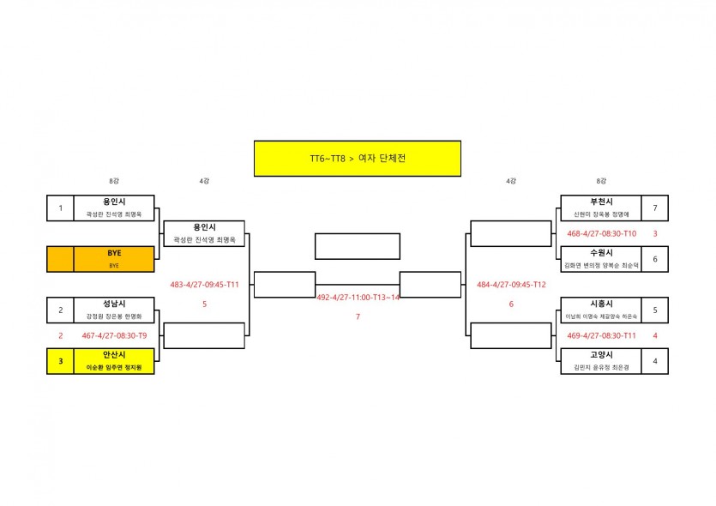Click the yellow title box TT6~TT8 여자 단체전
pyautogui.click(x=357, y=159)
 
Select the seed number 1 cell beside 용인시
pyautogui.click(x=60, y=208)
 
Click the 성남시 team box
pyautogui.click(x=114, y=310)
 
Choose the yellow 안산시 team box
pyautogui.click(x=114, y=361)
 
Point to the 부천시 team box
pyautogui.click(x=601, y=208)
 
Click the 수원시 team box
pyautogui.click(x=601, y=259)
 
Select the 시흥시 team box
pyautogui.click(x=601, y=310)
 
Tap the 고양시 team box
pyautogui.click(x=601, y=361)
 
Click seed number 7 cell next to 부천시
pyautogui.click(x=655, y=208)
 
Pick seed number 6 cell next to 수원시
pyautogui.click(x=655, y=259)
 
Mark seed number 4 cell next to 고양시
pyautogui.click(x=655, y=361)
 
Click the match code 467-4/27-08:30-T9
pyautogui.click(x=114, y=336)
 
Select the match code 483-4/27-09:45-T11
pyautogui.click(x=205, y=285)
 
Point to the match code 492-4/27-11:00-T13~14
pyautogui.click(x=358, y=298)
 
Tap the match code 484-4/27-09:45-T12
pyautogui.click(x=511, y=285)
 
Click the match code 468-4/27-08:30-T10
pyautogui.click(x=601, y=233)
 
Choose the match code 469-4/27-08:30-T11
pyautogui.click(x=601, y=336)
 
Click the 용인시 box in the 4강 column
pyautogui.click(x=204, y=233)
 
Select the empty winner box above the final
pyautogui.click(x=357, y=246)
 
